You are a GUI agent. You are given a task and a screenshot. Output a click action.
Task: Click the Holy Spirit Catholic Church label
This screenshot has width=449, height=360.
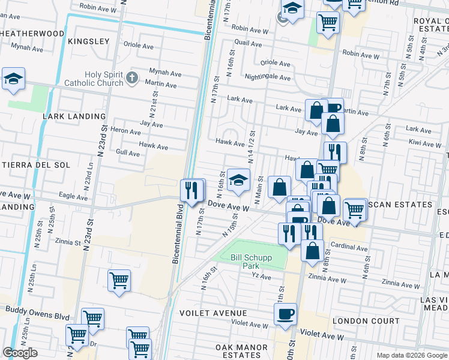tap(104, 79)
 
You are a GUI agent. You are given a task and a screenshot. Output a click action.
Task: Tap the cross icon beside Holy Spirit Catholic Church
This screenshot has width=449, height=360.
tap(133, 78)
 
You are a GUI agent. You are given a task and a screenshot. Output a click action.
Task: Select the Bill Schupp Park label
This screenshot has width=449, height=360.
tap(252, 262)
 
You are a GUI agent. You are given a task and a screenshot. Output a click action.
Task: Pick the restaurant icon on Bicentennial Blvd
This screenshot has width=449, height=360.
tap(192, 190)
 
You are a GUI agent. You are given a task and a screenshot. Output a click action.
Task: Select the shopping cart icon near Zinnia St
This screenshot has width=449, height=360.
tap(119, 280)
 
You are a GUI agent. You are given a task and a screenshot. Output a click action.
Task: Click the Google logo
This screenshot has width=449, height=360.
tap(20, 353)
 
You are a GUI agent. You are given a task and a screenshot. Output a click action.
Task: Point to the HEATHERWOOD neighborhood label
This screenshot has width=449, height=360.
tap(32, 34)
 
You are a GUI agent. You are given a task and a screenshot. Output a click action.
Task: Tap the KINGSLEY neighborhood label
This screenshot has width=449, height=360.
tap(88, 41)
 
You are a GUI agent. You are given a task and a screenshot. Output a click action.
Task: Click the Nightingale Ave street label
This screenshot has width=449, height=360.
tap(268, 77)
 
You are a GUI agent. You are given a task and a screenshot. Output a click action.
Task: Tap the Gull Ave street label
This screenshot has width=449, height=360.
tap(128, 154)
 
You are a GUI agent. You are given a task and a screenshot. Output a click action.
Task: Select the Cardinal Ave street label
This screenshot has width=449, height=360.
tap(349, 247)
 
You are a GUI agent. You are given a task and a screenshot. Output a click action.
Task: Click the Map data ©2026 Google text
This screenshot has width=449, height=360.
tap(411, 355)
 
